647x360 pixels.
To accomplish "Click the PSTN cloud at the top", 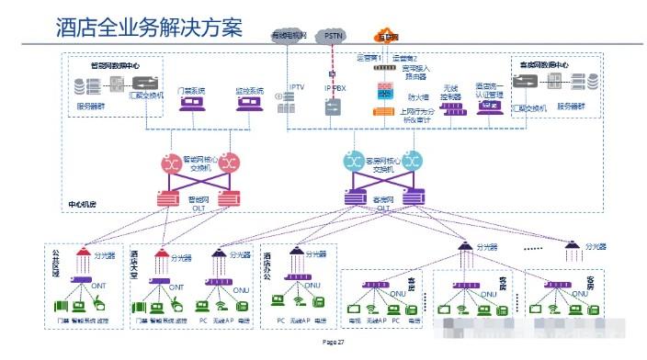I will click(334, 34).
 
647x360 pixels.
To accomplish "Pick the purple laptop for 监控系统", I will click(249, 107).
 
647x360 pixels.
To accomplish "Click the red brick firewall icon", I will click(384, 91).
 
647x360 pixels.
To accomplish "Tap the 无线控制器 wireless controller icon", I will click(451, 107).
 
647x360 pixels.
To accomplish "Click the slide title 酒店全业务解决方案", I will click(147, 29).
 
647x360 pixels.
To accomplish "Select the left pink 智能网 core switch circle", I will click(173, 163).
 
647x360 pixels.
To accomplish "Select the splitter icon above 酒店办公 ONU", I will click(294, 252).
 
